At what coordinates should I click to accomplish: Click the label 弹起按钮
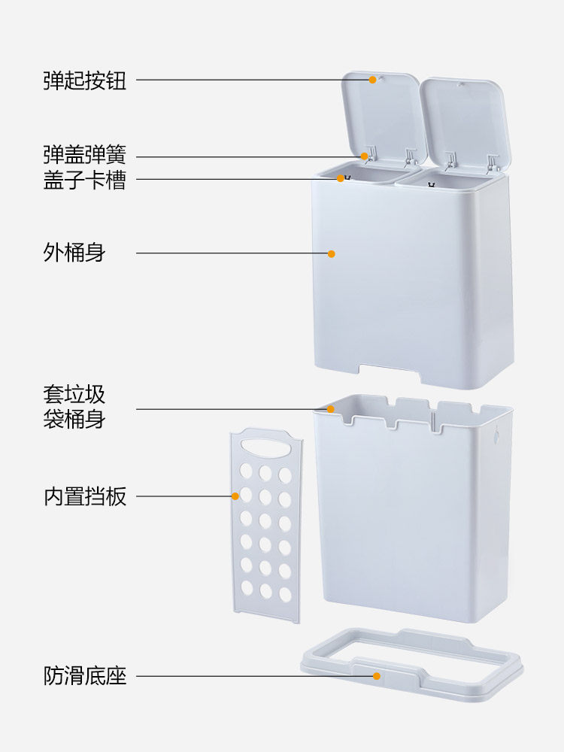[84, 80]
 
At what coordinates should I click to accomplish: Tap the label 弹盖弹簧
[84, 156]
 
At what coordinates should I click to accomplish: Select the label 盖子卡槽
[84, 180]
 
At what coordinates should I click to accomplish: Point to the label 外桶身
[74, 253]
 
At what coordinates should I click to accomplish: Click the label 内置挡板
[84, 497]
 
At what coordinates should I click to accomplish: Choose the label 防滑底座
[84, 676]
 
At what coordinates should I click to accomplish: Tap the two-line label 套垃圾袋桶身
[74, 406]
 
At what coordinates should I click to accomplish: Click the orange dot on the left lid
[372, 79]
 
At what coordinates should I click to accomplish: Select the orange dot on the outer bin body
[331, 253]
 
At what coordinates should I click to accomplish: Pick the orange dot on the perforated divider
[235, 496]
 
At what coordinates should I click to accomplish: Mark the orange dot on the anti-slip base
[377, 676]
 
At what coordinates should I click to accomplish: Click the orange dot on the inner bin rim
[331, 409]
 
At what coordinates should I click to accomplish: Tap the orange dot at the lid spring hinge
[365, 156]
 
